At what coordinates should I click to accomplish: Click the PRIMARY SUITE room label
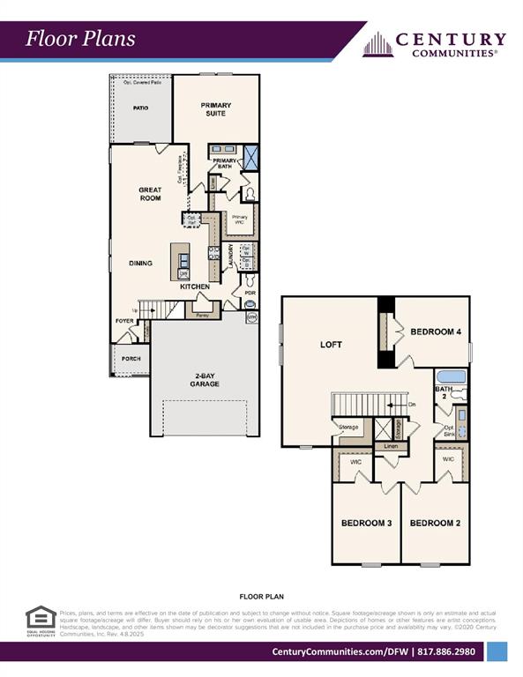tap(215, 109)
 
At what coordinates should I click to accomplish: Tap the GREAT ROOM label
tap(150, 194)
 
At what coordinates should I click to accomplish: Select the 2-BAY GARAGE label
tap(205, 380)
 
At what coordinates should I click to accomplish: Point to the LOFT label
tap(330, 345)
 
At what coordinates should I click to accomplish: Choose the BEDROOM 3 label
tap(366, 523)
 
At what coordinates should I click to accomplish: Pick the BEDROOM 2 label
tap(435, 523)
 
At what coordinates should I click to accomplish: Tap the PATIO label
tap(140, 108)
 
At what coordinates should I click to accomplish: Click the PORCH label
tap(131, 359)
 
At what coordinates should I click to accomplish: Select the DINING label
tap(140, 263)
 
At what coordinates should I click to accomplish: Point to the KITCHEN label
tap(195, 287)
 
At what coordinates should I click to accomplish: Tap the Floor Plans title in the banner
tap(80, 38)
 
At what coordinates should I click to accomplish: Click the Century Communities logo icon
tap(377, 44)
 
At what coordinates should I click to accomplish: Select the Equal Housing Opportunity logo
tap(41, 621)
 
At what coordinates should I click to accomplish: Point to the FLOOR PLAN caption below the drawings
tap(261, 596)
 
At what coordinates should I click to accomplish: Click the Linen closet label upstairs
tap(391, 447)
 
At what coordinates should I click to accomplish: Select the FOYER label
tap(123, 321)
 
